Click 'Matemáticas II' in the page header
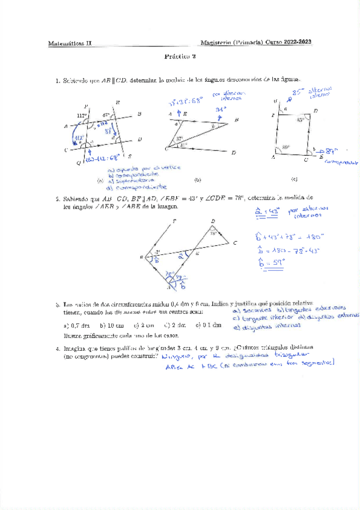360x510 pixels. [67, 43]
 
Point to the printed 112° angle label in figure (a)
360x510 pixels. [82, 115]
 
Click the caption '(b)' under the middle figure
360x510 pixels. [197, 180]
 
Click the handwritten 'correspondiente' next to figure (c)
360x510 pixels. [340, 161]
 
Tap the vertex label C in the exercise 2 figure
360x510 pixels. [236, 242]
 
